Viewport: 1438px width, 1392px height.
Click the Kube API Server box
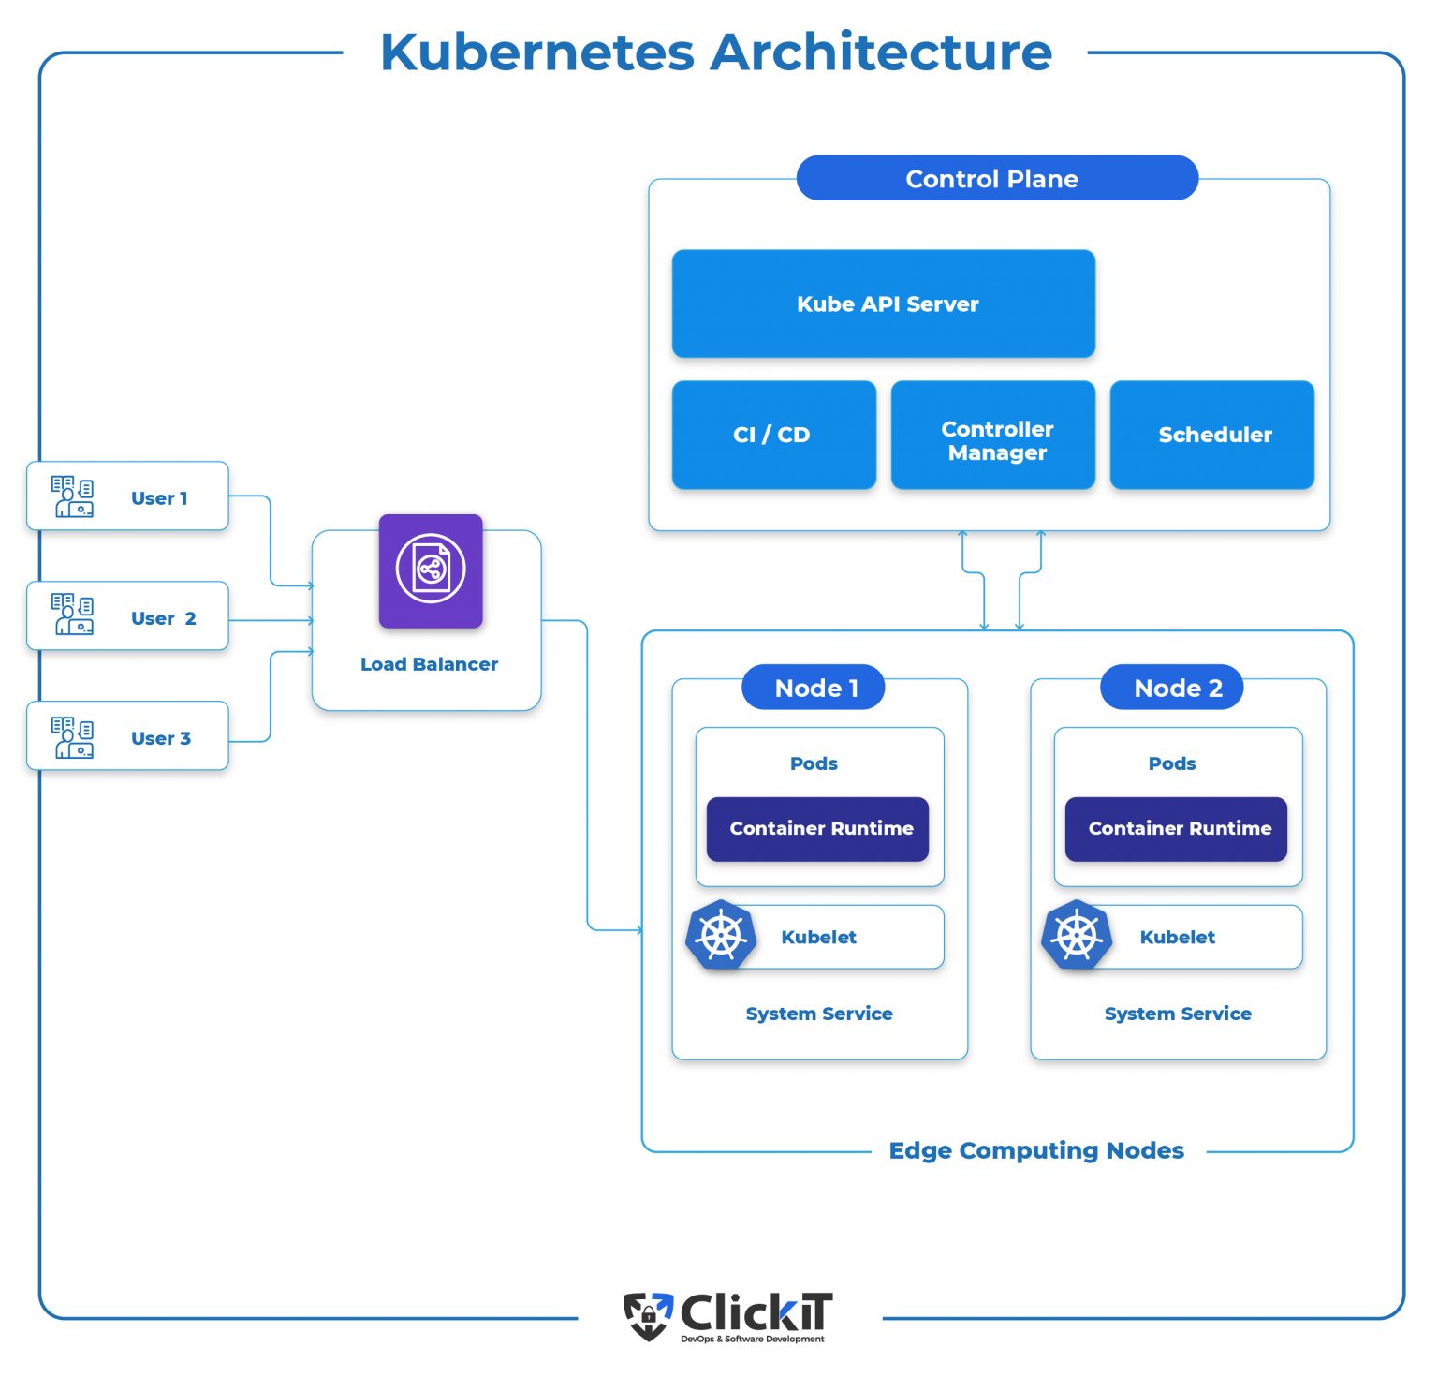point(883,304)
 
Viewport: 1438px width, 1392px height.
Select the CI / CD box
point(773,435)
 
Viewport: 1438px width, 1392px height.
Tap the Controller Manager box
point(992,435)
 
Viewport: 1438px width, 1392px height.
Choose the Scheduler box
point(1211,435)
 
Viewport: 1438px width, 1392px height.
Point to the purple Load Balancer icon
point(431,570)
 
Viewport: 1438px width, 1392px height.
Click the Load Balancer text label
point(429,664)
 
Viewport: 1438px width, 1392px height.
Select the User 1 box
point(128,496)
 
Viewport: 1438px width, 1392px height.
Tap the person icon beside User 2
point(72,615)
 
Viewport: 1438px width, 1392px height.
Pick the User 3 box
point(128,736)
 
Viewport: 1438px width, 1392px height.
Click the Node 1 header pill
point(813,688)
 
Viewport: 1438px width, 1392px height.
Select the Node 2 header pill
point(1171,688)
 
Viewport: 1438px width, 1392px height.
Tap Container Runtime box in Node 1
point(817,829)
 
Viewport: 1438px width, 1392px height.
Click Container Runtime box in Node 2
point(1176,829)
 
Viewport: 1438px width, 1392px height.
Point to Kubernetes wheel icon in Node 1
point(721,935)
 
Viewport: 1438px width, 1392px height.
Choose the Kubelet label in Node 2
point(1177,938)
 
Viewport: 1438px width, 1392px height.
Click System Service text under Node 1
point(819,1014)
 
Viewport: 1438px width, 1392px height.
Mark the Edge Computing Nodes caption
point(1036,1150)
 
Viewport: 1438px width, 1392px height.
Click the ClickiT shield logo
point(649,1315)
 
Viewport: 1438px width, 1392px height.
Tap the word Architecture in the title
point(881,52)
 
